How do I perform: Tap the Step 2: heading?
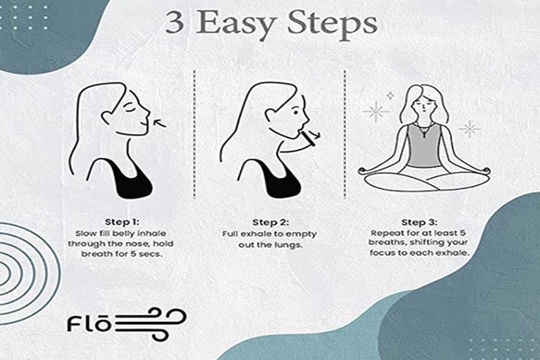click(269, 222)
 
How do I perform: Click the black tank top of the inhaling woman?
click(129, 181)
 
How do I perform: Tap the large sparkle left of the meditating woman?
click(376, 111)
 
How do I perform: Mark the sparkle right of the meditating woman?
click(470, 128)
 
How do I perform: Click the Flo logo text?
click(89, 323)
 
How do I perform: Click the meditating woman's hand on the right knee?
click(484, 170)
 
